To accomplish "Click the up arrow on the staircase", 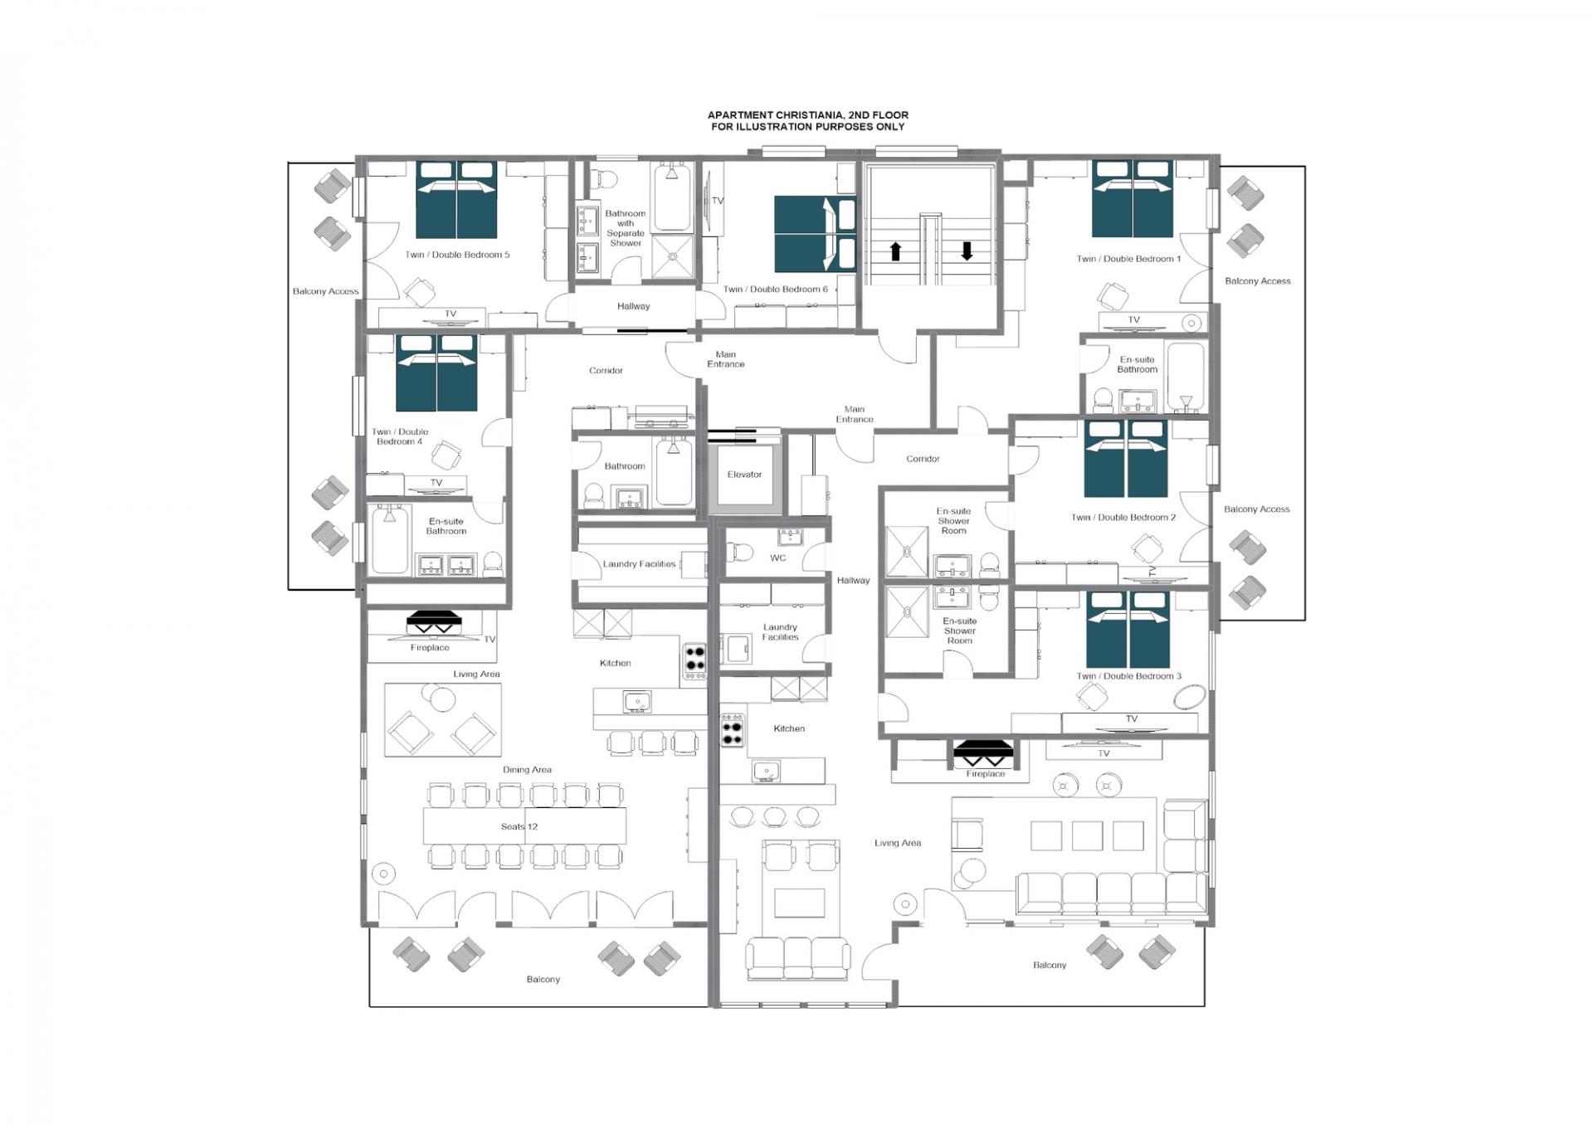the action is (x=895, y=251).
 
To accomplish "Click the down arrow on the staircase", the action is (x=967, y=251).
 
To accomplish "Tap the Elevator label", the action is (x=744, y=475).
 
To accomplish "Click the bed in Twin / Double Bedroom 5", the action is (x=456, y=199).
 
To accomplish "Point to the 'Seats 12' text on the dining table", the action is (x=519, y=826).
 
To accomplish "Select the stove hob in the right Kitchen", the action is (x=732, y=730).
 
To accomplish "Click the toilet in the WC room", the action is (x=739, y=552).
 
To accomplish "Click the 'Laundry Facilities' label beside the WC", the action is (x=780, y=632).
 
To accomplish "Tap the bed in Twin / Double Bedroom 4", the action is (x=436, y=373).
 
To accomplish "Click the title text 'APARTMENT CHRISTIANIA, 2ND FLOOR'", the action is (x=807, y=115).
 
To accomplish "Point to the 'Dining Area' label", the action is (x=527, y=770).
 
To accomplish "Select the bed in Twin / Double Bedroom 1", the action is (x=1133, y=199).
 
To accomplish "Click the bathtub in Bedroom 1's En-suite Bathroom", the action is (x=1185, y=377).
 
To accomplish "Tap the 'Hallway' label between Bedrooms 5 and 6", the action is (x=634, y=306).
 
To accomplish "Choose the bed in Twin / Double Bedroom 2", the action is (x=1126, y=459).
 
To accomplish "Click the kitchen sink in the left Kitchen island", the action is (x=636, y=702).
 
